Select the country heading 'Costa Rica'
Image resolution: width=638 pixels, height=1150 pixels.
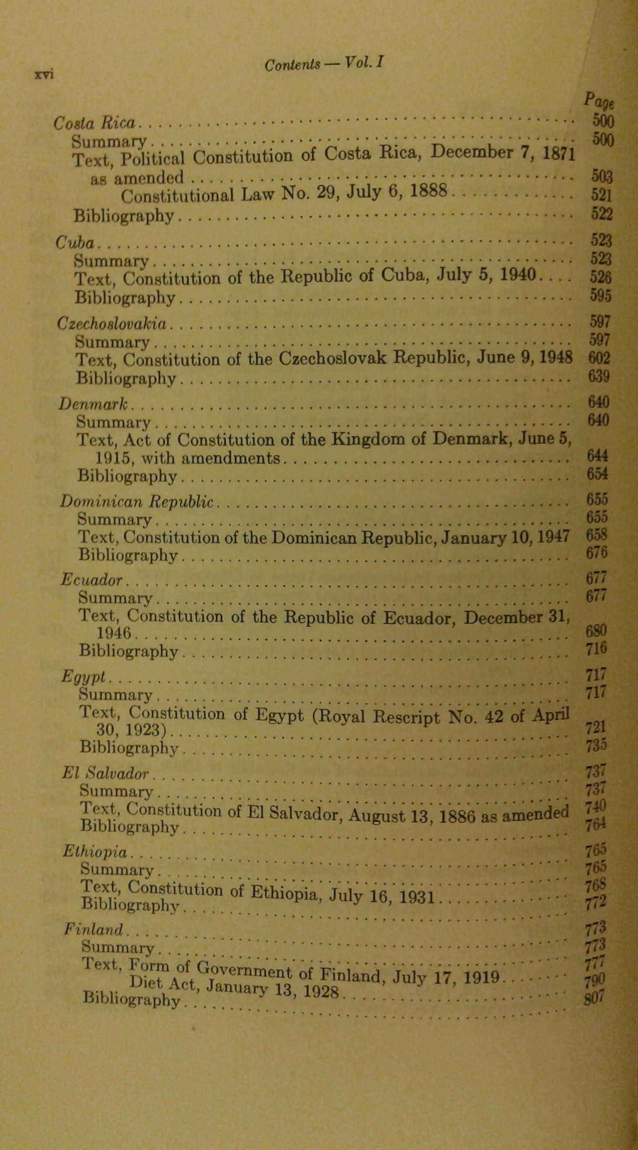(94, 124)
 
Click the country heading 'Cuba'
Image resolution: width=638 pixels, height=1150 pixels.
(75, 243)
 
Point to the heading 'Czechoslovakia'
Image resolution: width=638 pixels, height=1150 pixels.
(112, 324)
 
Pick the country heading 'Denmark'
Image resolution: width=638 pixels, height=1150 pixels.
(94, 404)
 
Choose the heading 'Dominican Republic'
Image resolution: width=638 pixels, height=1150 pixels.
(136, 502)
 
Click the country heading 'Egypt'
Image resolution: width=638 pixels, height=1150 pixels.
(84, 677)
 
